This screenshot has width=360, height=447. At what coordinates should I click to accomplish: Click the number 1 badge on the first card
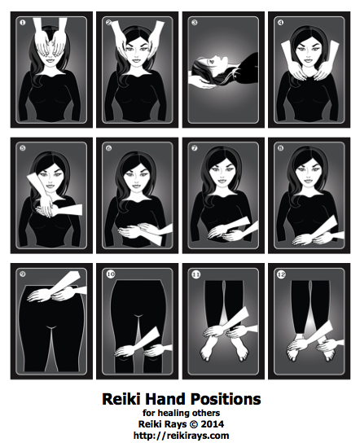23,22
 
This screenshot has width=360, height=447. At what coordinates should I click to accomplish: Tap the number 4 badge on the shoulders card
280,22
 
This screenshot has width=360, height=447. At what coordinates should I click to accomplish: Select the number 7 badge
195,148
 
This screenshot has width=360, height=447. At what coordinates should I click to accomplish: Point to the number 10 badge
111,274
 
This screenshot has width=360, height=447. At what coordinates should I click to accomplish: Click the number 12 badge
282,274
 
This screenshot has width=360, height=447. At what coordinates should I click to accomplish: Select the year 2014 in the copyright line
212,424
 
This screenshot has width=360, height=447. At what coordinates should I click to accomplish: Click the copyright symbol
193,424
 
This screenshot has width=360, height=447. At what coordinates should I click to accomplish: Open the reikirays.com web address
181,436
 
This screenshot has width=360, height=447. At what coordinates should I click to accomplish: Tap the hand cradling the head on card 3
203,84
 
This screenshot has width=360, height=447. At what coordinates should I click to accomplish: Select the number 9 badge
23,274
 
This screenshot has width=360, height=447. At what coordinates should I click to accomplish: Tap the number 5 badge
23,148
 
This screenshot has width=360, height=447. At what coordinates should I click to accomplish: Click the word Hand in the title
165,399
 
